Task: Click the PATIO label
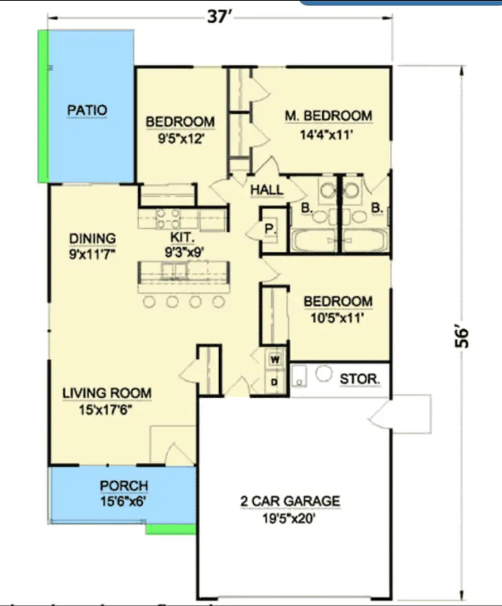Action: point(87,110)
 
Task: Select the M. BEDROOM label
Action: point(328,116)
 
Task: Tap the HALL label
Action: point(267,190)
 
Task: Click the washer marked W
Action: point(274,360)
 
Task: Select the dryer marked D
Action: point(274,382)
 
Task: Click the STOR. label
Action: point(360,380)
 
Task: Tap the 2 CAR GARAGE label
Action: point(290,501)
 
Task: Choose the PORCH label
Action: point(124,486)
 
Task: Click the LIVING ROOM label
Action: point(107,393)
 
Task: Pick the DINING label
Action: point(93,238)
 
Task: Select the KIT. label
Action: point(179,237)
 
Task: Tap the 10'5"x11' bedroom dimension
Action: point(338,320)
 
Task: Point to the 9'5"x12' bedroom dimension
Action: point(180,139)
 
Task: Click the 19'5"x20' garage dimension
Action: point(290,519)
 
